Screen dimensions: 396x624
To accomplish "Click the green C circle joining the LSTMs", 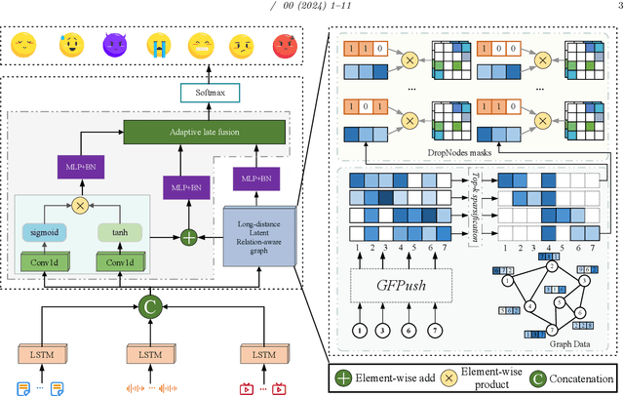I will click(148, 305).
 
